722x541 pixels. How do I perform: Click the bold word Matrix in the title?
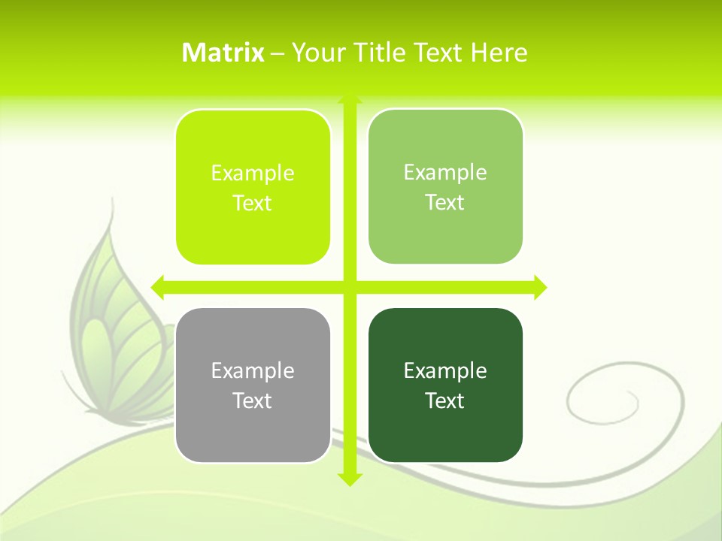tap(223, 53)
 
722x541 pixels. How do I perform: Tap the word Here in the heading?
tap(499, 53)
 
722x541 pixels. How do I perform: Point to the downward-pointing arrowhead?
tap(350, 479)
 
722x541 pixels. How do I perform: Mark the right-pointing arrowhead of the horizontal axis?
tap(540, 287)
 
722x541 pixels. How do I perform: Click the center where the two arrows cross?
tap(350, 287)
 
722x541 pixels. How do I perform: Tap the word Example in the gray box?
tap(253, 370)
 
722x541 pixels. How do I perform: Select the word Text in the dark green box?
tap(445, 400)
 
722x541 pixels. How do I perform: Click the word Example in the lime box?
tap(253, 173)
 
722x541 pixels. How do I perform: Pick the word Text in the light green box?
tap(445, 203)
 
